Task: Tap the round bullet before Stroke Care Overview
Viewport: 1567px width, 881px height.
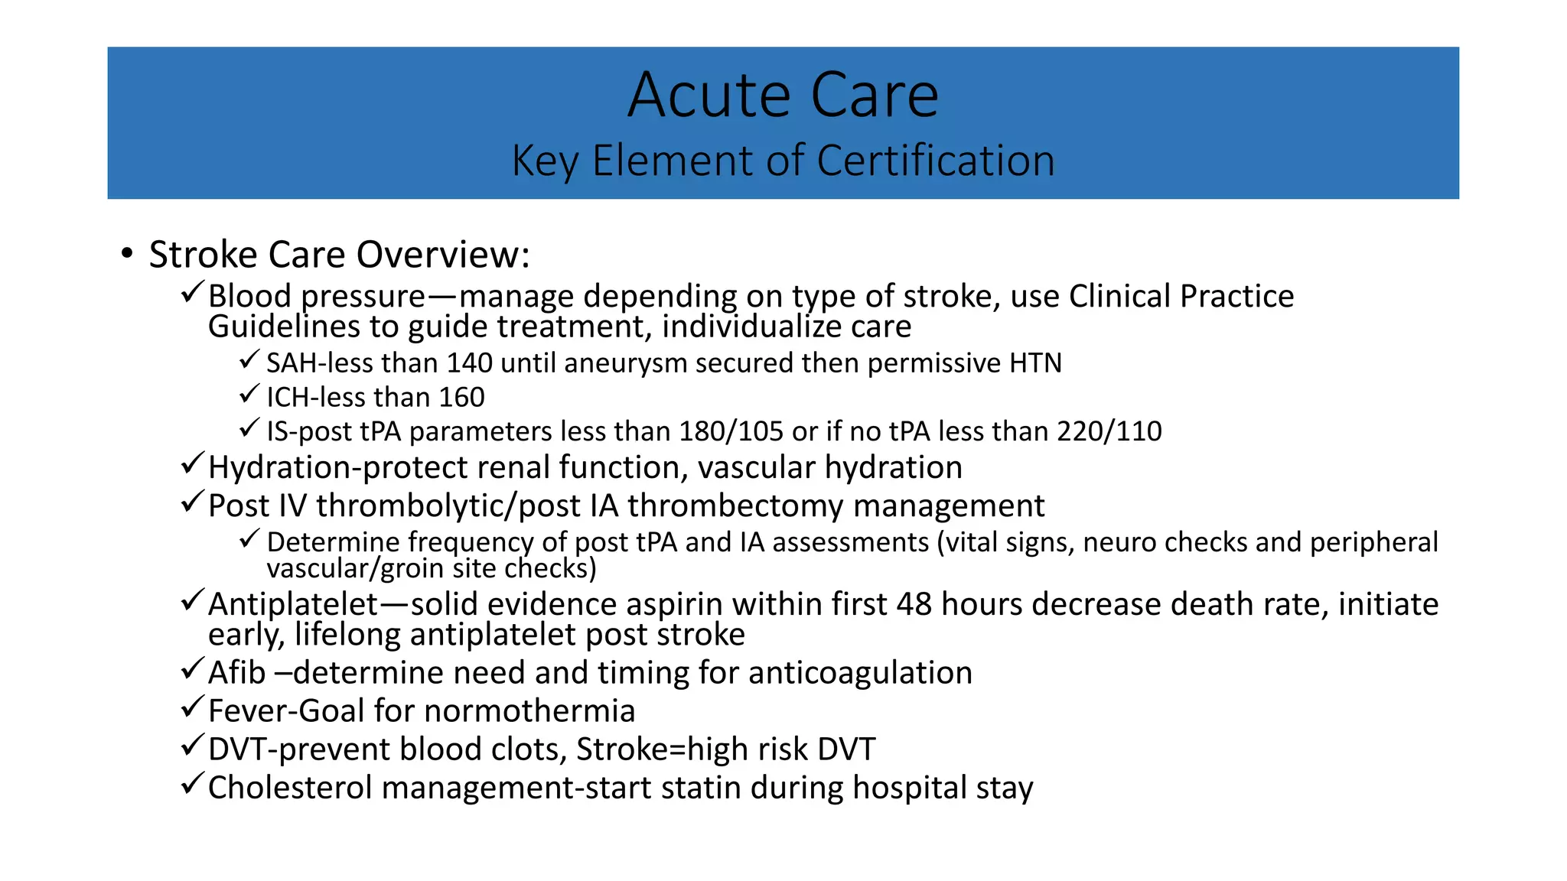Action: click(127, 254)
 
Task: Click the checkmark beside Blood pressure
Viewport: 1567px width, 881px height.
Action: click(192, 292)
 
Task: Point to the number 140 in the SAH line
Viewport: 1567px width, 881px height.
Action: click(469, 362)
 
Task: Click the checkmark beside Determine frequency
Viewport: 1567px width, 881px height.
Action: click(250, 539)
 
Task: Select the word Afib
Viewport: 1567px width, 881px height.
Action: click(236, 673)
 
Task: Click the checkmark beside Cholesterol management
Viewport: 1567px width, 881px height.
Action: click(192, 784)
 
